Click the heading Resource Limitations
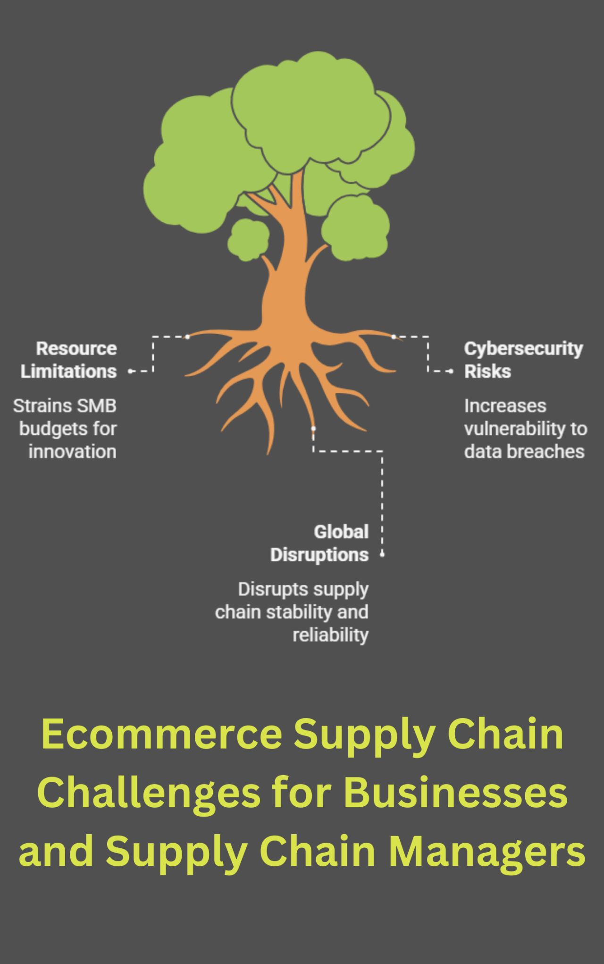(69, 360)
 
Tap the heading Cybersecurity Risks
(523, 360)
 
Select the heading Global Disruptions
(319, 543)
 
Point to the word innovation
(72, 451)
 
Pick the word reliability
(330, 635)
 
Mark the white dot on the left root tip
(187, 337)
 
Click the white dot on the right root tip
(394, 337)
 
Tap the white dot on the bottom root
(313, 429)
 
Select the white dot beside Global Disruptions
(382, 555)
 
